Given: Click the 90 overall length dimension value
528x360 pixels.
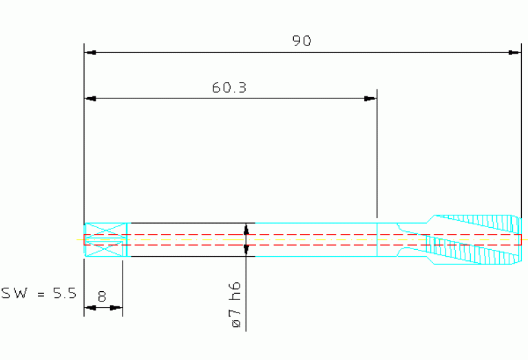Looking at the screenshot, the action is coord(302,41).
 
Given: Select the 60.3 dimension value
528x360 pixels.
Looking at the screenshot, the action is coord(229,87).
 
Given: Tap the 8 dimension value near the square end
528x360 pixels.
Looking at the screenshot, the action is coord(102,297).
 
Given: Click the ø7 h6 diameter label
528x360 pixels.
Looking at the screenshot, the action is coord(236,305).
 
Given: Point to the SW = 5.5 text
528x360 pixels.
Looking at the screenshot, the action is coord(39,293).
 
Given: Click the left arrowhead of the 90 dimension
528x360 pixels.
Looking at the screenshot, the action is coord(90,52).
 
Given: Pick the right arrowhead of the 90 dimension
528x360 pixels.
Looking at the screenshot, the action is coord(515,52).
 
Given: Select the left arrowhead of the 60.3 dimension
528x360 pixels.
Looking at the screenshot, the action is coord(90,98).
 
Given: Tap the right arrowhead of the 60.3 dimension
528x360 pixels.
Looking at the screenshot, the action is coord(370,98).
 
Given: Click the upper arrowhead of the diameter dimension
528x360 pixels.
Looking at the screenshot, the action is coord(246,229).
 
